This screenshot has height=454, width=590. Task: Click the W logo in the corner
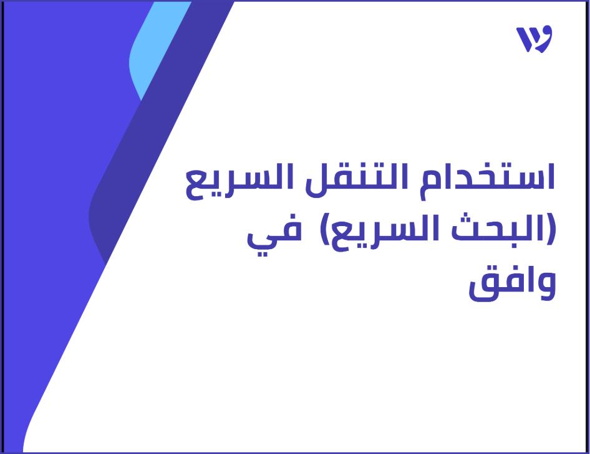point(534,40)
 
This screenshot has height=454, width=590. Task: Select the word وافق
point(511,284)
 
